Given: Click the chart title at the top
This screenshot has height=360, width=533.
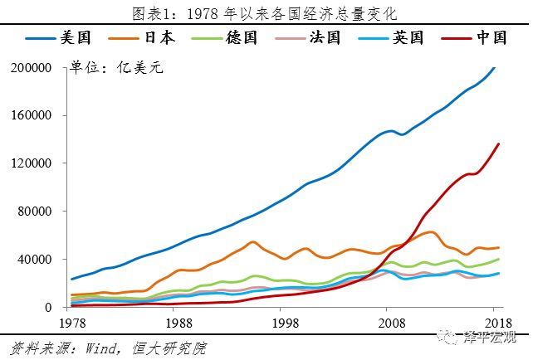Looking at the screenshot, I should coord(266,12).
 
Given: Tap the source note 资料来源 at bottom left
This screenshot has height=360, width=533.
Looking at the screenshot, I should coord(108,348).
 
